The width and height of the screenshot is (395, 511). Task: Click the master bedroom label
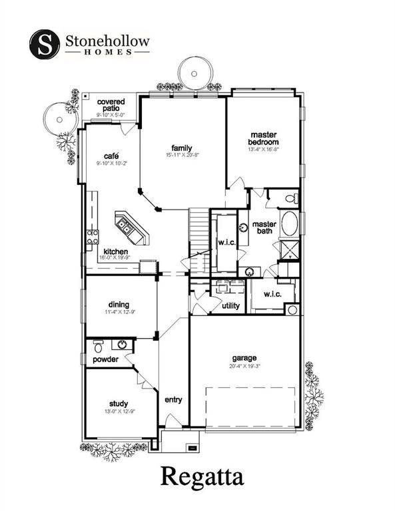(263, 138)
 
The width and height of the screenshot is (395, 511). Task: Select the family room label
(182, 148)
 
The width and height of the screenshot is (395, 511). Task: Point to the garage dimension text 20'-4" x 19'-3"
(244, 365)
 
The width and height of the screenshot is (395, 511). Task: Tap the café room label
(111, 156)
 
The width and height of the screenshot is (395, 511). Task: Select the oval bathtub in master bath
(291, 224)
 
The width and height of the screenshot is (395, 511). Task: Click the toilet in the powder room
(98, 347)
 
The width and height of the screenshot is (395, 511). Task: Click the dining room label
(119, 304)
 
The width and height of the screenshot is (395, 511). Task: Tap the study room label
(119, 403)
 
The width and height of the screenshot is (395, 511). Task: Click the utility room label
(231, 305)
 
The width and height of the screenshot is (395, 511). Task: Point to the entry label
(173, 400)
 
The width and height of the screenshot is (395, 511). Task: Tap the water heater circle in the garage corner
(291, 310)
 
